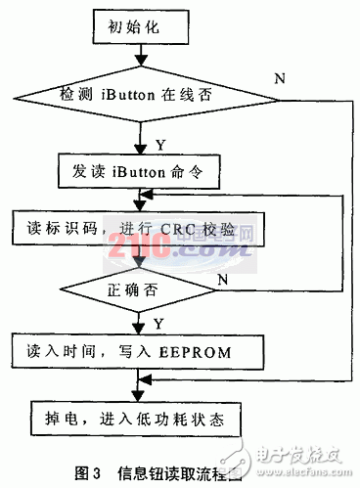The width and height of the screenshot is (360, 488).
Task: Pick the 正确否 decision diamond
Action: (x=145, y=289)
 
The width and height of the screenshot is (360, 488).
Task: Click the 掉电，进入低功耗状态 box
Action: (x=144, y=418)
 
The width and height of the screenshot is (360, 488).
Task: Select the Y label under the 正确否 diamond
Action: (x=158, y=321)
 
